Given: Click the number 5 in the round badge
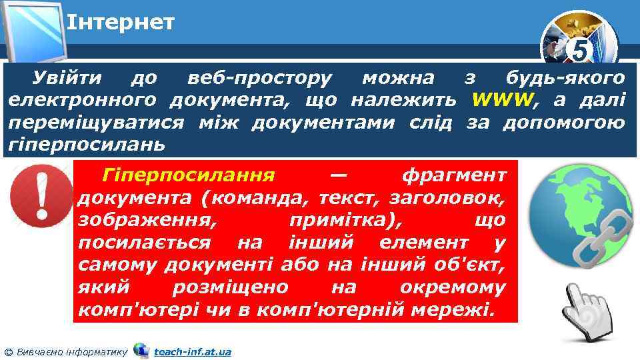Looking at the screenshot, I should (581, 50).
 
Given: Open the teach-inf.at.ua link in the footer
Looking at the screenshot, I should (192, 351).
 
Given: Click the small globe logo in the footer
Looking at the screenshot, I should (141, 350).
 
